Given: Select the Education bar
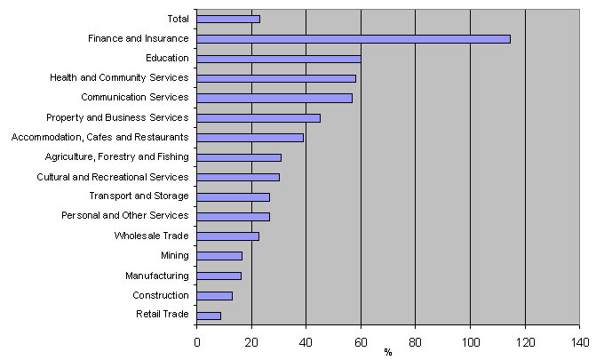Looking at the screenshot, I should pos(278,58).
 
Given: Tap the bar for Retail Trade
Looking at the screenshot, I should pos(209,315).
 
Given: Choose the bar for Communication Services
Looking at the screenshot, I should pos(274,98).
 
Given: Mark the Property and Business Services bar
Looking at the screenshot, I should pos(258,117).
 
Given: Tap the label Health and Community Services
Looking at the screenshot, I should pos(120,77).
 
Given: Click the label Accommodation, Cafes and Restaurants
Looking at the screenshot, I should pos(99,137).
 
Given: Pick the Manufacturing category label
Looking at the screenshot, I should pos(157,276).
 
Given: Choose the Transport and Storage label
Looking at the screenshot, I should pos(139,196).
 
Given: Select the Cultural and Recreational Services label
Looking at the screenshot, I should pos(113,176).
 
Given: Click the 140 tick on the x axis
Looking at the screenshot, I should pos(580,340).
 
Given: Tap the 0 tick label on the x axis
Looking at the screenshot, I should pos(197,340).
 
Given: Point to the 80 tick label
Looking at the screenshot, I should pos(415,340).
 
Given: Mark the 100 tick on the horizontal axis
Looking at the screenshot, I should pos(470,340).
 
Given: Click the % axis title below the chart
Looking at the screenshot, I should pos(388,352).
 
